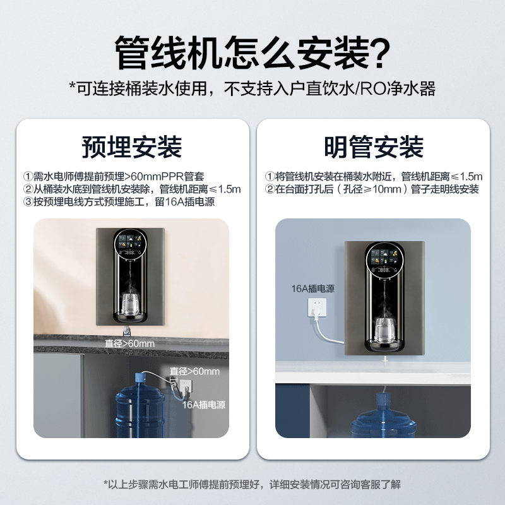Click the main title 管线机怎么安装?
(252, 54)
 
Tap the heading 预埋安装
(132, 147)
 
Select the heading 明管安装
(374, 147)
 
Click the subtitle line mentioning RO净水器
(252, 88)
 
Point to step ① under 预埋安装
(114, 176)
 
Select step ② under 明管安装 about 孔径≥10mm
(372, 189)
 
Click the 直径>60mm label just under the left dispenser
(129, 344)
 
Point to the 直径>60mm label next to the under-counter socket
(194, 371)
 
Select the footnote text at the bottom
(252, 485)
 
